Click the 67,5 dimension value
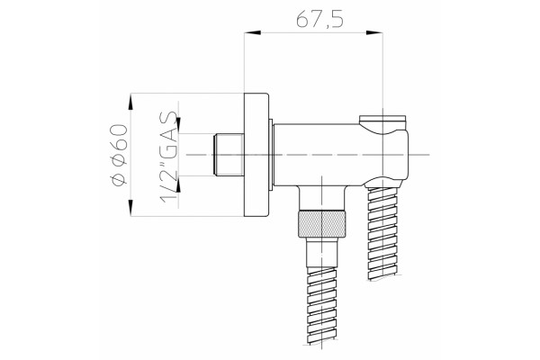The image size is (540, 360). click(319, 20)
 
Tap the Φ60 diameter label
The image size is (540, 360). click(120, 155)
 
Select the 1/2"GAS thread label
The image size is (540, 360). click(169, 157)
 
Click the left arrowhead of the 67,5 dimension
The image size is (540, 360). click(252, 32)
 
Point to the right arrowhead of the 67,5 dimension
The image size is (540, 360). click(374, 32)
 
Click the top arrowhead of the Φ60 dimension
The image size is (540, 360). click(130, 103)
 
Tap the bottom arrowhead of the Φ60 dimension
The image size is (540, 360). click(130, 208)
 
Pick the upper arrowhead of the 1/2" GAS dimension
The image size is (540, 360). click(178, 125)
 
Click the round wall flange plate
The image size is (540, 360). click(256, 155)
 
